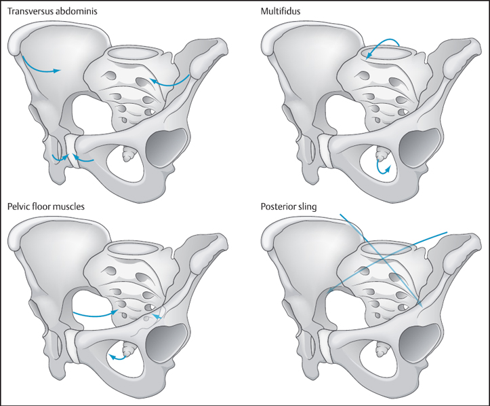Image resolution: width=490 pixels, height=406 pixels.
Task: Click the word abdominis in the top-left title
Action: tap(76, 12)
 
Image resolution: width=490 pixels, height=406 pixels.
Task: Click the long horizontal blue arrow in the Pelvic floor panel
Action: tap(95, 314)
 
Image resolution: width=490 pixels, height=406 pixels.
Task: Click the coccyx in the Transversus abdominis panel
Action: tap(127, 155)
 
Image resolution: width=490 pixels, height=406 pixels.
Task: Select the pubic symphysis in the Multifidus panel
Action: tap(325, 146)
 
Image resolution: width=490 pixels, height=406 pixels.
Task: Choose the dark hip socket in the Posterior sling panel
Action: tap(421, 345)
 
